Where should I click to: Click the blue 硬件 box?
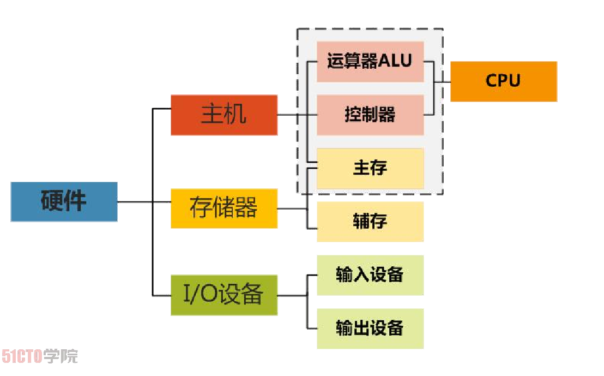64,201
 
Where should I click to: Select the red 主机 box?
224,115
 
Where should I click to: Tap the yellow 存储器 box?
224,208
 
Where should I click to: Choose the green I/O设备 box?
224,295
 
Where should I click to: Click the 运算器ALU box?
370,61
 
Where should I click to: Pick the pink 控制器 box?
370,115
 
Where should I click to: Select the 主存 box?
370,168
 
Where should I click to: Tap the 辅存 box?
370,222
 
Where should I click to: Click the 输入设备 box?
370,275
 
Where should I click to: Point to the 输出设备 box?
370,328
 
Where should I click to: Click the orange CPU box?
503,81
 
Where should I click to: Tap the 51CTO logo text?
22,357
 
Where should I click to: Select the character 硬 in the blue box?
52,201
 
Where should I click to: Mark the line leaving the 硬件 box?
134,202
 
